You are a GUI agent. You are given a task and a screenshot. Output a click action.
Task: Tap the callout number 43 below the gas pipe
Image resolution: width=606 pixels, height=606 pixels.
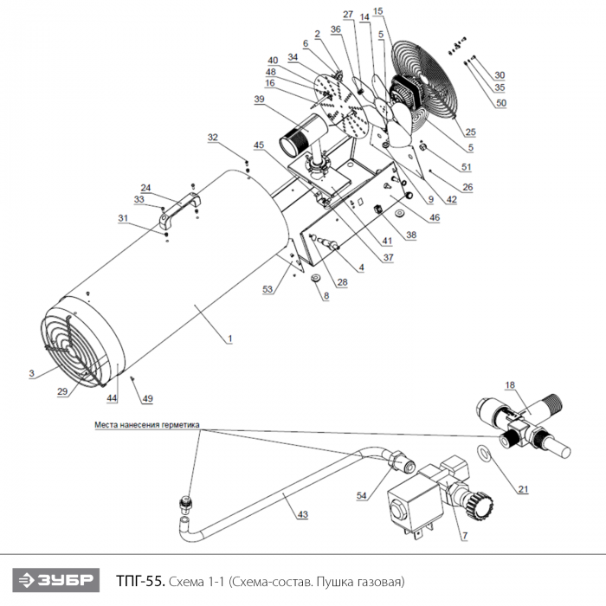point(302,514)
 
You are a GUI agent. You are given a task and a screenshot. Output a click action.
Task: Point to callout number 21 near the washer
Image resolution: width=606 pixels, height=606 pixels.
point(523,489)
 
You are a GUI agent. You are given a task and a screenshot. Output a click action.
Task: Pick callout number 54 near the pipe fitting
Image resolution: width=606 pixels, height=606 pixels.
point(362,495)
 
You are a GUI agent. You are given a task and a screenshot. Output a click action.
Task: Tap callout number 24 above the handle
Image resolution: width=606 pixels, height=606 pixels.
point(145,188)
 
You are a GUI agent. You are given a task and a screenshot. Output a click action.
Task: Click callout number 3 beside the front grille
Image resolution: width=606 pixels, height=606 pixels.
point(30,374)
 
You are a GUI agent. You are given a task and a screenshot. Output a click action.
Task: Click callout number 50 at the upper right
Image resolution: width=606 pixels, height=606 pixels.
point(501,103)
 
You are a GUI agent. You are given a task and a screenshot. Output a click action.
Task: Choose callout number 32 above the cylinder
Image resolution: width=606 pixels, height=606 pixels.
point(213,137)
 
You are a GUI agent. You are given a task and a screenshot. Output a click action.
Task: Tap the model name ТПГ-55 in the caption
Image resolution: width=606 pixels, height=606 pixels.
point(139,579)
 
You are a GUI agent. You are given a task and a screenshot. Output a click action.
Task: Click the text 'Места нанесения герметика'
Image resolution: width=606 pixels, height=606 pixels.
point(147,425)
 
